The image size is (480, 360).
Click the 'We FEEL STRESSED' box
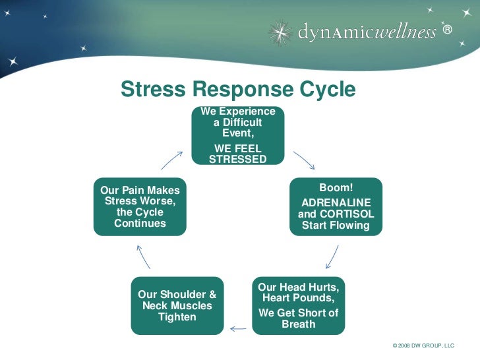click(238, 135)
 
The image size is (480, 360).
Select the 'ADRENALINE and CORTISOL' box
click(336, 206)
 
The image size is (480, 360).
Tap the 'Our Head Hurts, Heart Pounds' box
click(299, 305)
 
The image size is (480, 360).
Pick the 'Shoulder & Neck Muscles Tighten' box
click(177, 305)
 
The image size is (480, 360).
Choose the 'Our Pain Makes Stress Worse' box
click(140, 206)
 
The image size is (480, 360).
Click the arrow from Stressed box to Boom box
click(304, 160)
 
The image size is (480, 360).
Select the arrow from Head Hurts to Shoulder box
click(237, 328)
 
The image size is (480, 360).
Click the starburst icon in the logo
click(280, 32)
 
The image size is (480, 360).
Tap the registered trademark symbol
click(448, 30)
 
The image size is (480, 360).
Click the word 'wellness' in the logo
click(405, 32)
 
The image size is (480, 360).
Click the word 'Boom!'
click(336, 189)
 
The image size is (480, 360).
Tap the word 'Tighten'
click(177, 317)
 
